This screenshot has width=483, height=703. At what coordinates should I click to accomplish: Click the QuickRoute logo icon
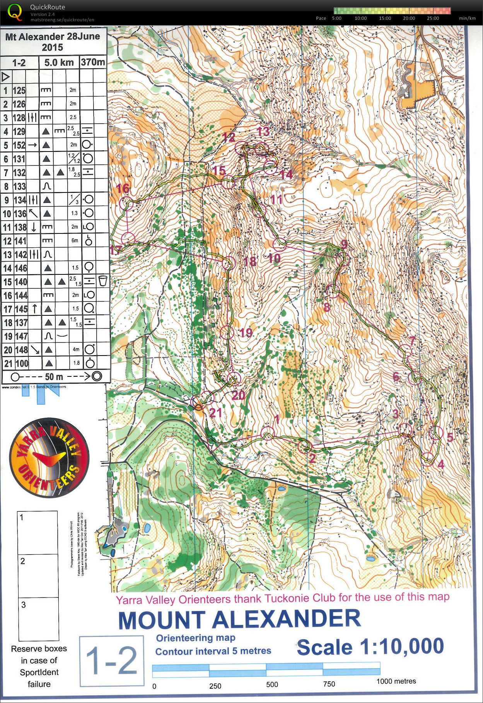15,12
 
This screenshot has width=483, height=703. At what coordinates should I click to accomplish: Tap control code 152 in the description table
19,145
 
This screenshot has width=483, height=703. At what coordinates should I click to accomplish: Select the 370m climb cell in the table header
93,62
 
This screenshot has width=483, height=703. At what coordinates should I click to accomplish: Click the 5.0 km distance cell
59,62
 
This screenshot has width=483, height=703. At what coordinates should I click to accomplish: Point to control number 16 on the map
123,189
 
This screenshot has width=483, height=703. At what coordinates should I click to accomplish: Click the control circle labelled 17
128,238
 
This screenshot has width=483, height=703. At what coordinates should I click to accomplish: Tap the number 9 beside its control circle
344,244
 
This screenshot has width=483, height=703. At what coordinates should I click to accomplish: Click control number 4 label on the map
441,464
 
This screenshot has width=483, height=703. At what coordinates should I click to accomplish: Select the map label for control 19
246,333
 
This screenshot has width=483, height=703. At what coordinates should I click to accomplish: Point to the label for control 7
413,341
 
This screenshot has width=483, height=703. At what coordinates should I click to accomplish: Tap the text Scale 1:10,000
370,647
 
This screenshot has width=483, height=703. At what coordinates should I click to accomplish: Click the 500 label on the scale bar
272,684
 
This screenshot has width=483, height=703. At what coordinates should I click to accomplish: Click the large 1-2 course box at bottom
111,660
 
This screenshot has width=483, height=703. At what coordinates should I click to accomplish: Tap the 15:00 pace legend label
385,18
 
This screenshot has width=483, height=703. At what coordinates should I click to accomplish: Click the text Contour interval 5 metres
213,651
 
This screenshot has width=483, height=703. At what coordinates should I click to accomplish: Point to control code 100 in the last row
22,364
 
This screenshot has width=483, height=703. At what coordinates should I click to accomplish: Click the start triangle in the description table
6,77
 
